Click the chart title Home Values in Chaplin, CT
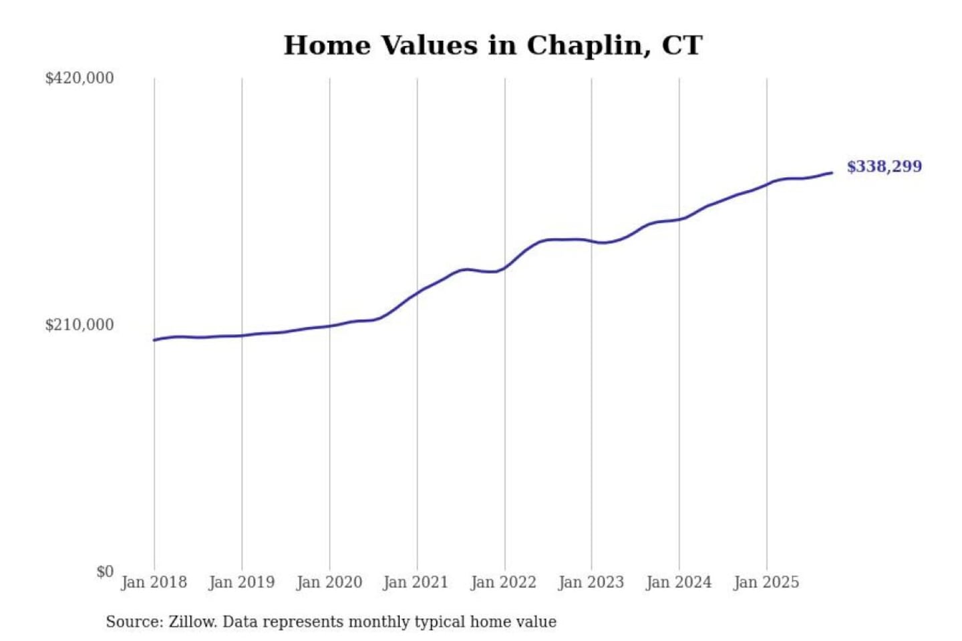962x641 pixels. click(x=493, y=45)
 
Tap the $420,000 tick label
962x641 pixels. click(x=79, y=78)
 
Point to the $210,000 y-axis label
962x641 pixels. click(x=79, y=325)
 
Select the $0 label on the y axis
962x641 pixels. click(x=105, y=572)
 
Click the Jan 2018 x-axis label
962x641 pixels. click(x=154, y=582)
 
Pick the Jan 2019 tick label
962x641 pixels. click(x=241, y=582)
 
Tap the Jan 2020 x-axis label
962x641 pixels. click(x=329, y=582)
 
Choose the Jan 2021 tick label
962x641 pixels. click(x=416, y=582)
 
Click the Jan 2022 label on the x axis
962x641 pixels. click(x=503, y=582)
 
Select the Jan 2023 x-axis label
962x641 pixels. click(x=591, y=582)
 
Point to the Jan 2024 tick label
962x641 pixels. click(x=678, y=582)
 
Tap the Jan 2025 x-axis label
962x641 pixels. click(x=766, y=582)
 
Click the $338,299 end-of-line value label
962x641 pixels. click(x=884, y=166)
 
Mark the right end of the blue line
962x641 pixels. click(x=832, y=173)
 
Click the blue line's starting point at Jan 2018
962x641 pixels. click(x=154, y=340)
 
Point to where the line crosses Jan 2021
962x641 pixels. click(x=418, y=292)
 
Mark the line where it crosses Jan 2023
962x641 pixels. click(x=591, y=241)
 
